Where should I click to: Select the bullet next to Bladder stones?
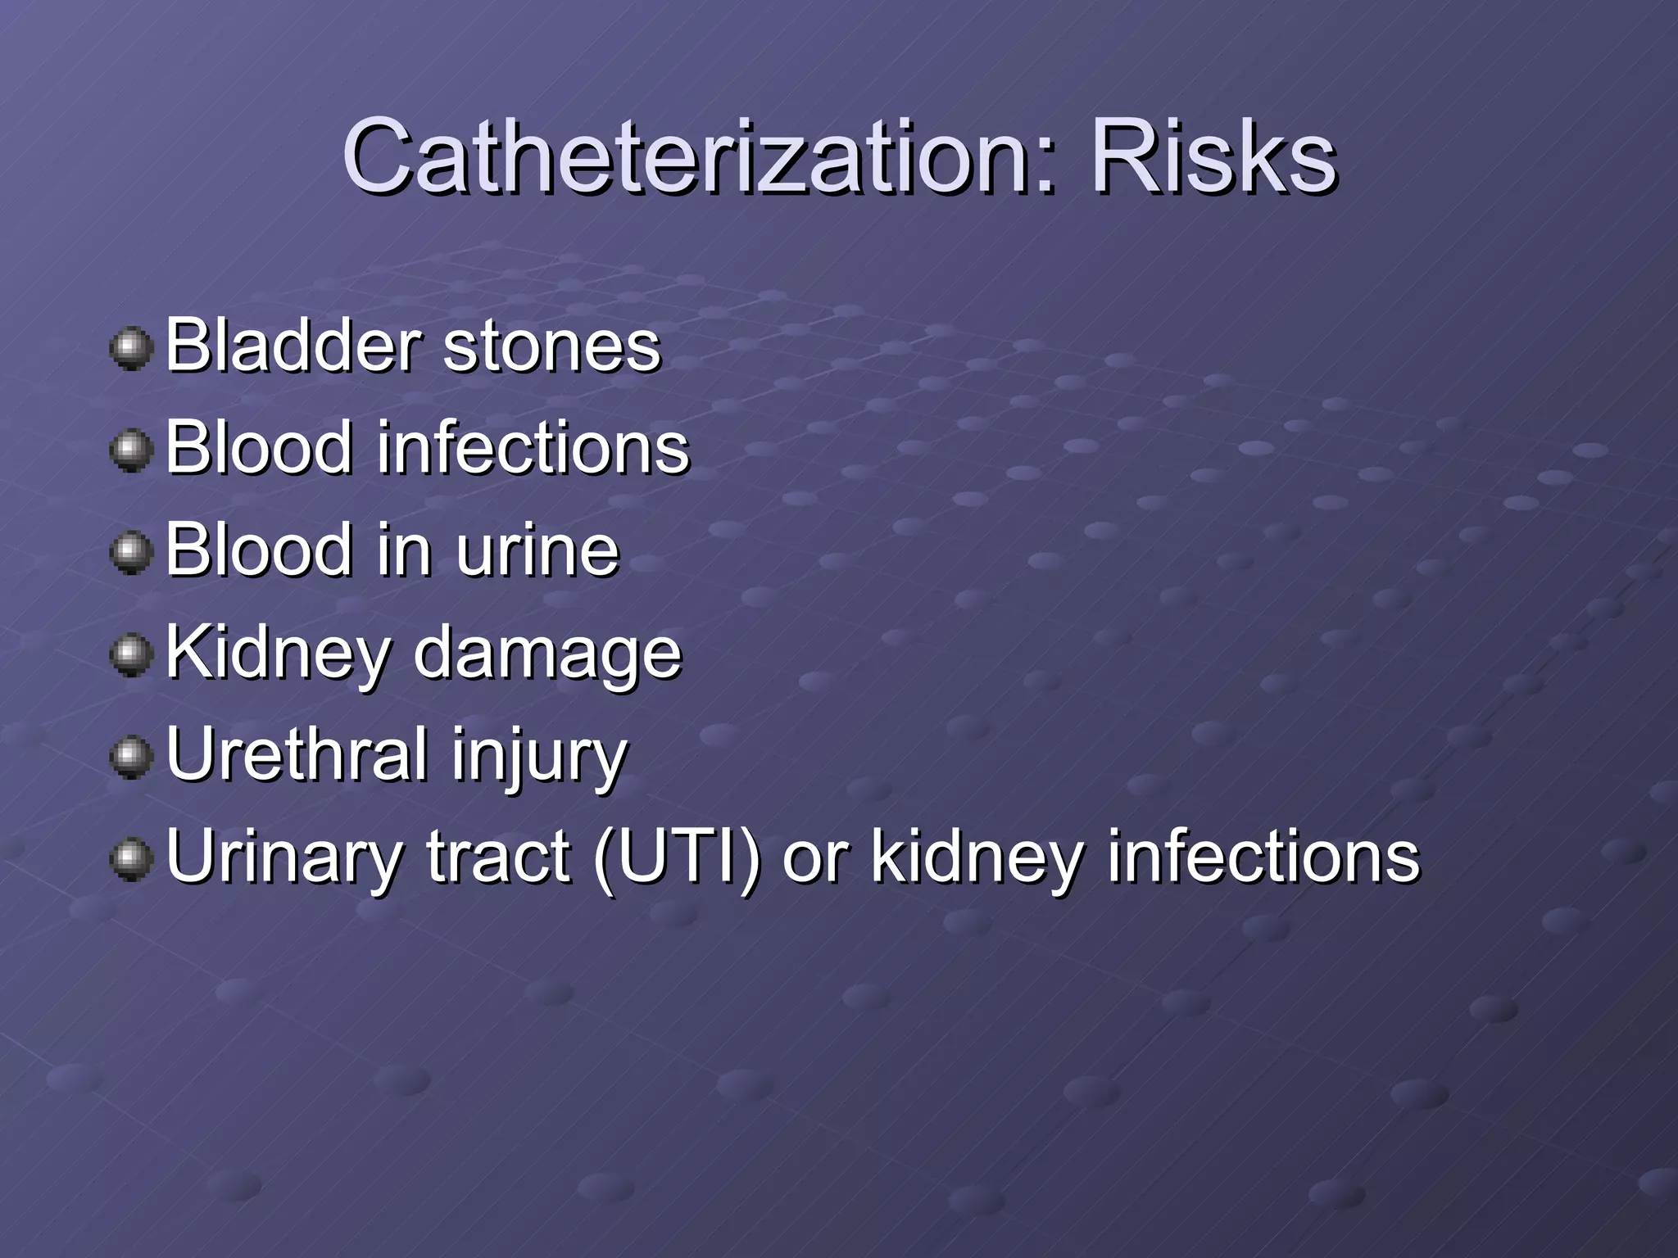131,349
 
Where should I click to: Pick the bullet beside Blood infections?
131,451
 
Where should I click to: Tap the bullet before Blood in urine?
131,554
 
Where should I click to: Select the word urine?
537,551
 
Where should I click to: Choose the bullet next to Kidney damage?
131,656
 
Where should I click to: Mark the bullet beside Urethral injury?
131,758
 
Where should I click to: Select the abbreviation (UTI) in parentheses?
677,858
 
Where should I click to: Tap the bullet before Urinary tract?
131,861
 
